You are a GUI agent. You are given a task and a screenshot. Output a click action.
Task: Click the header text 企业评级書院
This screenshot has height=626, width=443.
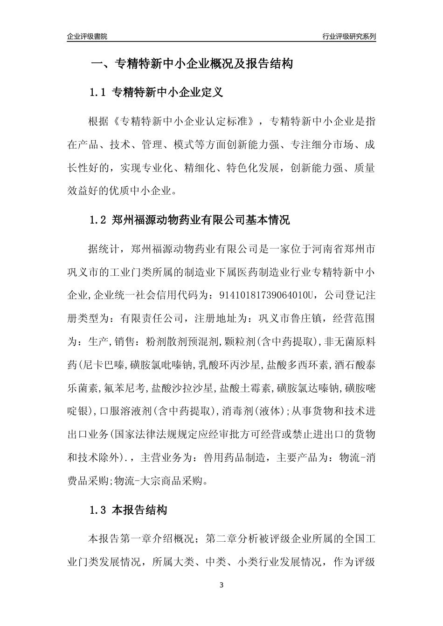pyautogui.click(x=87, y=36)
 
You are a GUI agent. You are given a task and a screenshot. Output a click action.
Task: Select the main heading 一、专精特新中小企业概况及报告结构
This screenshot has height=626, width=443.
pyautogui.click(x=192, y=64)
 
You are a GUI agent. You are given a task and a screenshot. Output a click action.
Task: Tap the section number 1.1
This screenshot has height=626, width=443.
pyautogui.click(x=98, y=92)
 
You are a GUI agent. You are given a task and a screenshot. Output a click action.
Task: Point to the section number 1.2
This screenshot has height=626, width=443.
pyautogui.click(x=98, y=219)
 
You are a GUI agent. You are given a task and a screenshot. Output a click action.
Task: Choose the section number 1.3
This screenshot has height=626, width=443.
pyautogui.click(x=98, y=510)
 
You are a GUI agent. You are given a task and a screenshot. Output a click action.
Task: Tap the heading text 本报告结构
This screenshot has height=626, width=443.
pyautogui.click(x=139, y=510)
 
